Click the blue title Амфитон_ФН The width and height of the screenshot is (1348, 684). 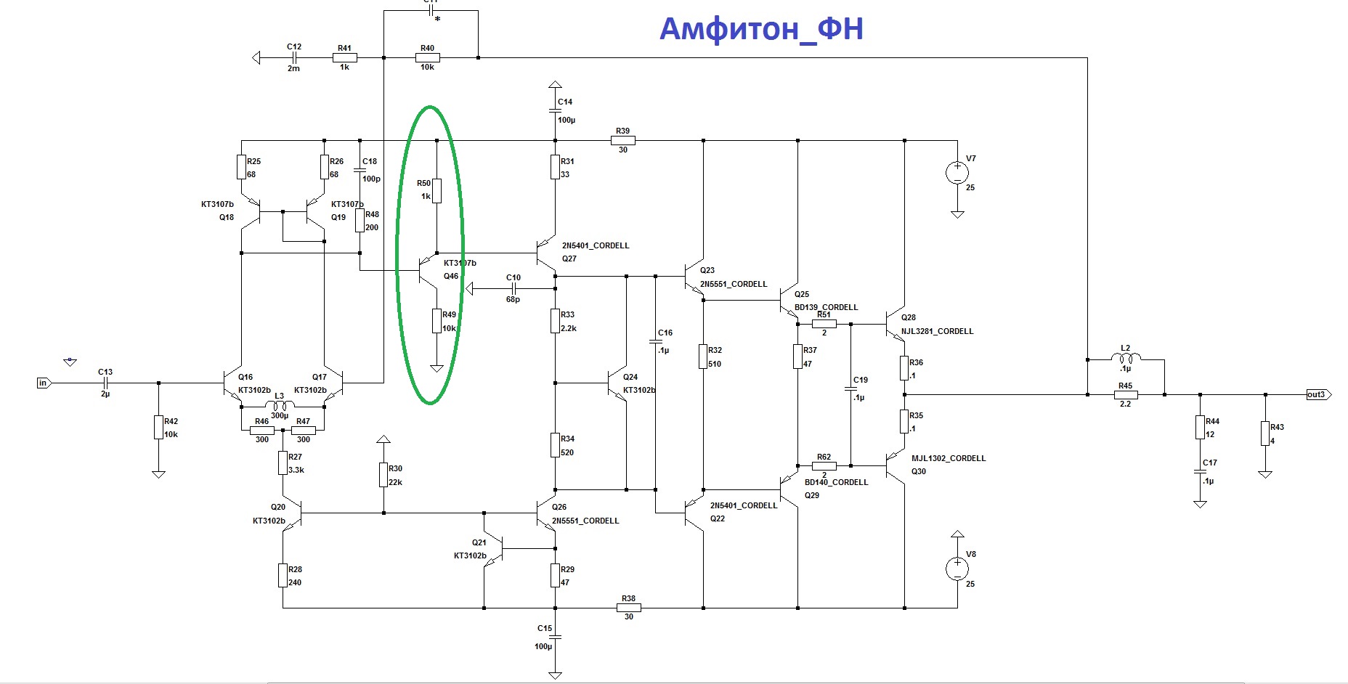click(760, 29)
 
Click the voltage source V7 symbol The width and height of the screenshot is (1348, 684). click(957, 173)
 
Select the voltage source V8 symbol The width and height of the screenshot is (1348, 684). click(957, 569)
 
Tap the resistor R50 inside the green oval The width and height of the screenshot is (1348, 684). click(437, 190)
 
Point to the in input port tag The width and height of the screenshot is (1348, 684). click(43, 383)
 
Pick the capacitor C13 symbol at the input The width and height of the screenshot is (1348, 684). click(105, 383)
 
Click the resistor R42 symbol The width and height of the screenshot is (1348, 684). click(158, 428)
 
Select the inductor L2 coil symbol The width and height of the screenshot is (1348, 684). click(1126, 357)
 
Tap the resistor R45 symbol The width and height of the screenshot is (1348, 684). click(1126, 395)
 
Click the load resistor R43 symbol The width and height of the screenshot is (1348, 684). click(1265, 433)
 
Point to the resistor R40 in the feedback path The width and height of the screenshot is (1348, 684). click(427, 57)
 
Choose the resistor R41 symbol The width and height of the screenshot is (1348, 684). click(344, 57)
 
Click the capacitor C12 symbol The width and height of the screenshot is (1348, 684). click(293, 57)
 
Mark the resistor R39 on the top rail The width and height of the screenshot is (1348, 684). click(623, 140)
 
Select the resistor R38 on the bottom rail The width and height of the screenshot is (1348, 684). click(628, 608)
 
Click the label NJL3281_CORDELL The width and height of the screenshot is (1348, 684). click(937, 331)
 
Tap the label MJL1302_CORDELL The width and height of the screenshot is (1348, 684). click(949, 458)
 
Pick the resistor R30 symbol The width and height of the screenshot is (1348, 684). click(383, 476)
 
